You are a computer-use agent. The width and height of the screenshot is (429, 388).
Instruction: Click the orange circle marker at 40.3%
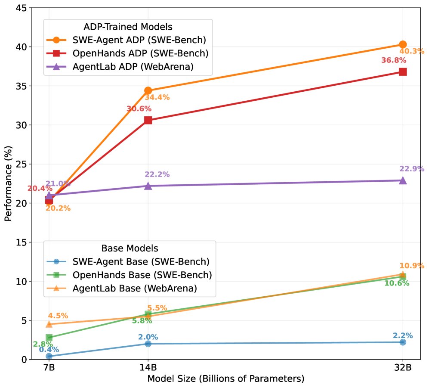[x=403, y=44]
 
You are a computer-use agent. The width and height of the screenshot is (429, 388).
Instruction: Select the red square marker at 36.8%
[x=403, y=71]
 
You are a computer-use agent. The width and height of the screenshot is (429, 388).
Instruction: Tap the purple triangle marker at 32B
[x=403, y=180]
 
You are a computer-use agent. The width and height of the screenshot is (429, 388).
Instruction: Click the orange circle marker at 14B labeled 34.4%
[x=148, y=90]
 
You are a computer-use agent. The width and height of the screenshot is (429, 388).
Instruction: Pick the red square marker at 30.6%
[x=148, y=120]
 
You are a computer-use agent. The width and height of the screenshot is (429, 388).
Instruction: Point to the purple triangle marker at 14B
[x=148, y=186]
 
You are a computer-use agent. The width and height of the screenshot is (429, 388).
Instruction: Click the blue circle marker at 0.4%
[x=49, y=356]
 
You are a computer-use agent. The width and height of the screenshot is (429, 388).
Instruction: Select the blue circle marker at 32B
[x=403, y=342]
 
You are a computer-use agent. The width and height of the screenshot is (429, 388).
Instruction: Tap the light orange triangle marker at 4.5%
[x=49, y=324]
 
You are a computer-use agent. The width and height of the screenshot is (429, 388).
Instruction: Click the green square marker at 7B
[x=49, y=337]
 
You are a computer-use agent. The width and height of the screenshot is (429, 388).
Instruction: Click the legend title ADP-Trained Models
[x=128, y=27]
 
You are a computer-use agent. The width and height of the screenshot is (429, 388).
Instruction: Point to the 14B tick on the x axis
[x=148, y=369]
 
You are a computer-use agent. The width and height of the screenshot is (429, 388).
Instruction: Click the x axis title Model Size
[x=226, y=379]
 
